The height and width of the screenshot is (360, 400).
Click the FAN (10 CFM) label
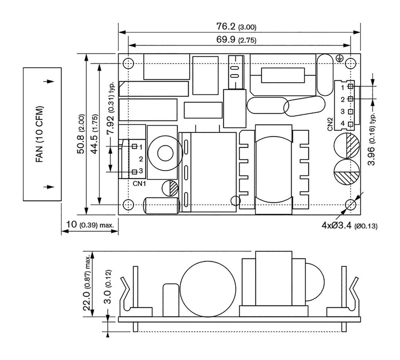(39, 134)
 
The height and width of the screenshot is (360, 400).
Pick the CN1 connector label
(139, 183)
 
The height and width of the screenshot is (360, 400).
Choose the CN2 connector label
(330, 124)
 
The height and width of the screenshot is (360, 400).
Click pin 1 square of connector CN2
(350, 86)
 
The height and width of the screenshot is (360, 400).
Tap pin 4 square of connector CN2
(350, 124)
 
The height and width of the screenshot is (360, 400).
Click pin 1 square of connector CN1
(134, 146)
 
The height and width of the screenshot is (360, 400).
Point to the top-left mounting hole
(128, 63)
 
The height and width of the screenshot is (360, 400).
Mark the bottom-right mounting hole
(351, 204)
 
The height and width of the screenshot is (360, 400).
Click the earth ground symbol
(339, 59)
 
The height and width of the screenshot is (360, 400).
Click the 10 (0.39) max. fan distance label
(90, 225)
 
